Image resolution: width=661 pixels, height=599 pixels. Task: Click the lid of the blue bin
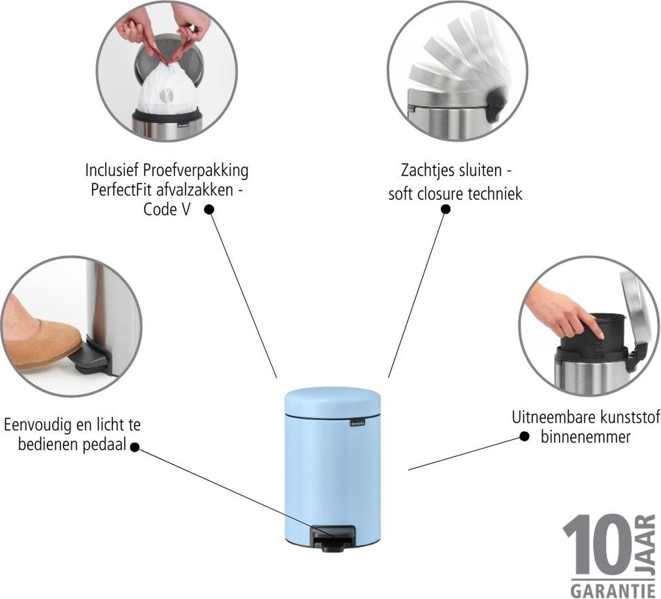point(332,400)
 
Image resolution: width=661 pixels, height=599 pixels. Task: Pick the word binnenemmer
point(586,437)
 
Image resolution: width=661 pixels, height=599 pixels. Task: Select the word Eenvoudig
point(37,425)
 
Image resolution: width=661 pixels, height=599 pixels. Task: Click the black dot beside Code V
point(209,210)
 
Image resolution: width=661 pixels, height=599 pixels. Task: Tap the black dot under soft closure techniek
point(446,209)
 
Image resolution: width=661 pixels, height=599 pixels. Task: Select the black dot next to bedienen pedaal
point(134,447)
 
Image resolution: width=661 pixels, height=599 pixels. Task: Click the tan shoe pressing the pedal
point(40,344)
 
